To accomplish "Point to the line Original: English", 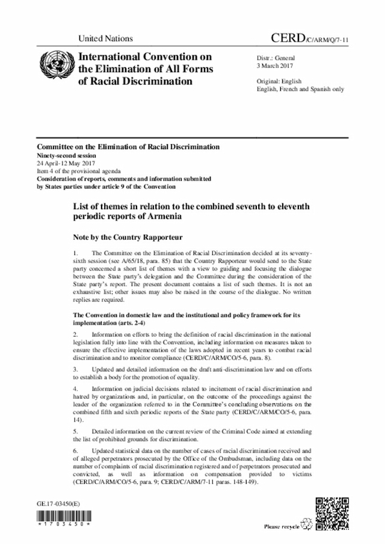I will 280,81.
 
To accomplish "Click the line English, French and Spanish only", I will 300,88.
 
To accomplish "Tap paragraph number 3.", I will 75,369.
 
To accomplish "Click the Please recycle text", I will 280,527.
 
